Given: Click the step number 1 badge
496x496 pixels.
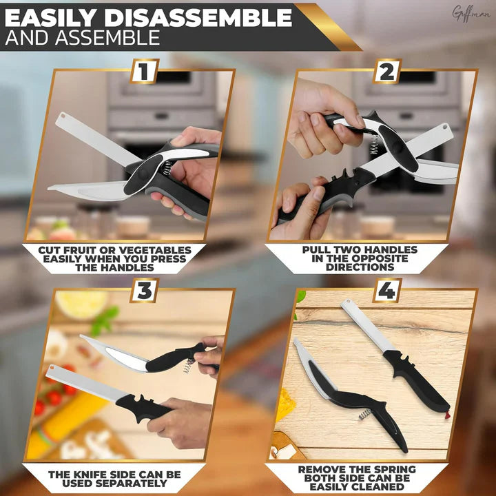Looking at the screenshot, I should [144, 71].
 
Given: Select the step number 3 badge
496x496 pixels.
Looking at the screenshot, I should [144, 290].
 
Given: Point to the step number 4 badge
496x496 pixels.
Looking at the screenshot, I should [386, 290].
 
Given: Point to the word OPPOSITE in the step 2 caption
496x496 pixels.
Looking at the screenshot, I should [370, 258].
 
